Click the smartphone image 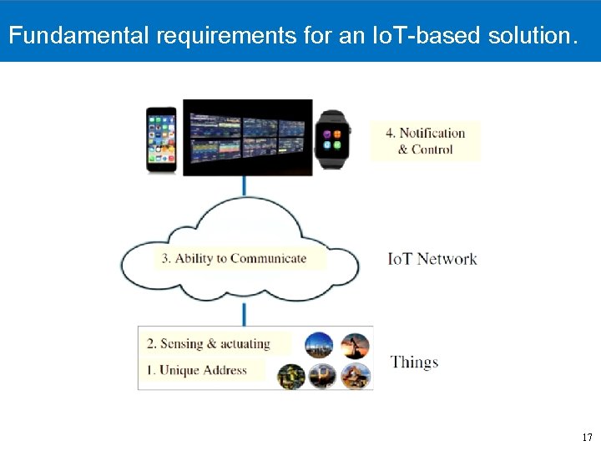[x=161, y=139]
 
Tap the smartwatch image [x=332, y=138]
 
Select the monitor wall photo [x=247, y=138]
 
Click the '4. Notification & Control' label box [x=425, y=141]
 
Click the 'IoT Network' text [x=432, y=259]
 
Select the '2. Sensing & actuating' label [x=208, y=343]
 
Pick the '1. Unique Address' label [x=203, y=370]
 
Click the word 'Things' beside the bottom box [x=414, y=362]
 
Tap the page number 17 [x=587, y=438]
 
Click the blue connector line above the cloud [x=245, y=186]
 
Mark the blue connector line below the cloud [x=245, y=314]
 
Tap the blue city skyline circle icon [x=318, y=345]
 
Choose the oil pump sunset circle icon [x=354, y=345]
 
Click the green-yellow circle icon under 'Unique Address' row [x=290, y=377]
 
